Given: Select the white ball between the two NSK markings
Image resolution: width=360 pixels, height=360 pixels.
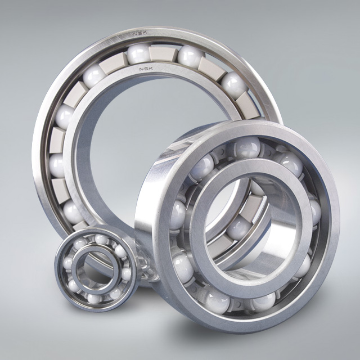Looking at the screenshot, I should pos(138,53).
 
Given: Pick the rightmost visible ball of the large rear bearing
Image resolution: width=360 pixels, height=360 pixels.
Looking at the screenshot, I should pos(233,84).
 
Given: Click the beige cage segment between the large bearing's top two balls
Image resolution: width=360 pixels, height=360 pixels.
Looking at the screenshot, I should pos(163,53).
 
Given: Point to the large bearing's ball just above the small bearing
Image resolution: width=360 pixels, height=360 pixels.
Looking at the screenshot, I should pos(73,211).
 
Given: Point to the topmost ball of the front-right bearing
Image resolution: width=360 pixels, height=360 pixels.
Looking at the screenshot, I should pos(246,147).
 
